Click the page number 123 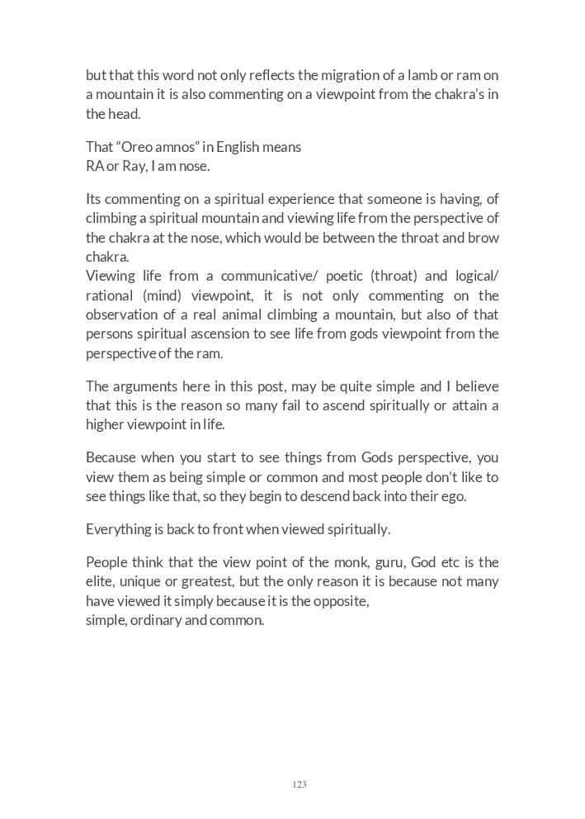pyautogui.click(x=299, y=784)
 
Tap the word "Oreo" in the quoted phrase pyautogui.click(x=141, y=147)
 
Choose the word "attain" pyautogui.click(x=482, y=405)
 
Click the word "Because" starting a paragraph pyautogui.click(x=111, y=457)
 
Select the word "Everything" pyautogui.click(x=119, y=529)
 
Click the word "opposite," pyautogui.click(x=341, y=601)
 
